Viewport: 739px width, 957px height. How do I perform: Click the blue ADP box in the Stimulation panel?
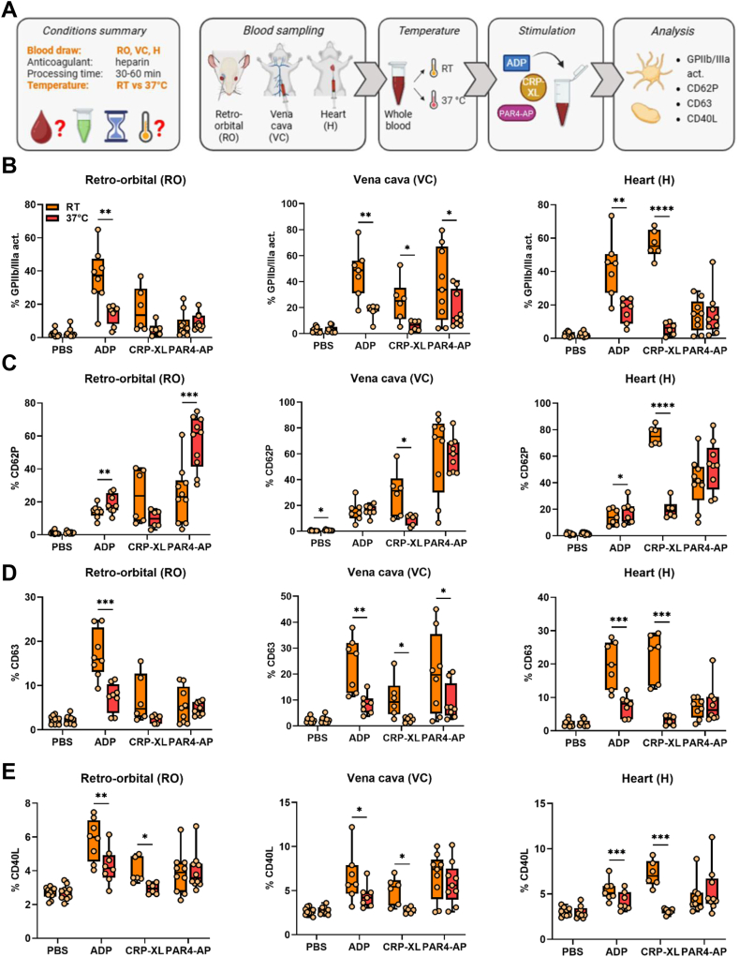coord(516,62)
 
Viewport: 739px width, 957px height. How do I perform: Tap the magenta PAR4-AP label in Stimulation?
coord(516,112)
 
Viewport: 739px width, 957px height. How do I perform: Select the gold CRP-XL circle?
coord(534,87)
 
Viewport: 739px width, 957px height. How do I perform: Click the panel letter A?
coord(9,9)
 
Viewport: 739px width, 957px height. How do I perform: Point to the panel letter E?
coord(8,770)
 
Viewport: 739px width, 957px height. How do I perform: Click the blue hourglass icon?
coord(115,126)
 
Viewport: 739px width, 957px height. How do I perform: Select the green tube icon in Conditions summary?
coord(82,126)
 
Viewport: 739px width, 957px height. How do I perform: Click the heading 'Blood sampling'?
coord(284,31)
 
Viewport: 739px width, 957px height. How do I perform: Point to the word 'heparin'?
coord(132,62)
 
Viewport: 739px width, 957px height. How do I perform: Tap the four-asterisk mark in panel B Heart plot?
coord(661,209)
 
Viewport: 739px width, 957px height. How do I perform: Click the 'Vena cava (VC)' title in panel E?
coord(389,778)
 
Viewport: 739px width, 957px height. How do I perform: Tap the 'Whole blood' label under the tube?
coord(397,120)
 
